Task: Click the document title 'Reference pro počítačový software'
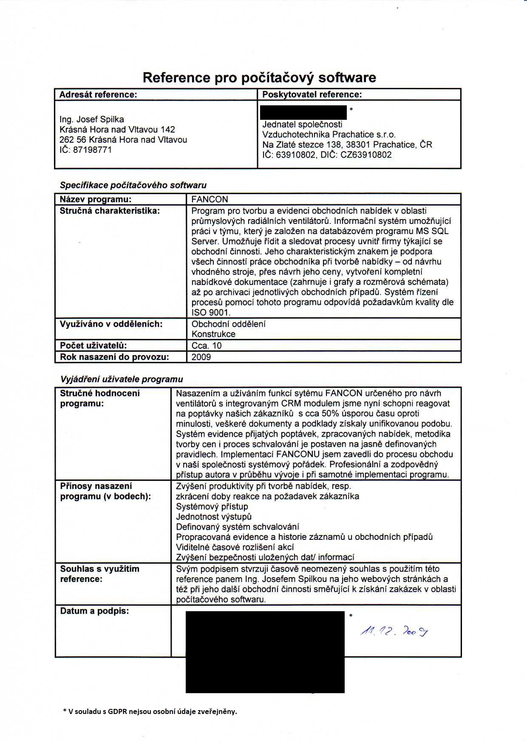[259, 77]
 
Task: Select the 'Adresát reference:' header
[98, 94]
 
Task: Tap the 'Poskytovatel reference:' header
[312, 94]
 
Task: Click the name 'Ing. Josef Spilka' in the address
[92, 119]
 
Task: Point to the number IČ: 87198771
[85, 150]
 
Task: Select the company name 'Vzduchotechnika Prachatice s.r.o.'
[329, 135]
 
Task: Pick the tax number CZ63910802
[366, 155]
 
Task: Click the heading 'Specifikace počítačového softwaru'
[133, 185]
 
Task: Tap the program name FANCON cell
[210, 199]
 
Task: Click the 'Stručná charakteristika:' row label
[110, 211]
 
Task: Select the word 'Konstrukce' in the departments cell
[213, 334]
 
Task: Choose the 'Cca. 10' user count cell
[207, 345]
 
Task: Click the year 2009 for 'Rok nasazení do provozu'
[201, 357]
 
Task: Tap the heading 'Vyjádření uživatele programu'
[122, 379]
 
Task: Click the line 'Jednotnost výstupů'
[214, 516]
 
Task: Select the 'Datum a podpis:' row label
[94, 611]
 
